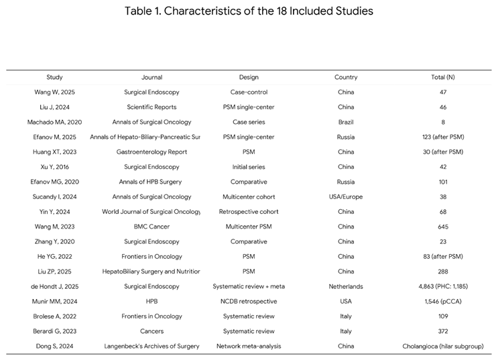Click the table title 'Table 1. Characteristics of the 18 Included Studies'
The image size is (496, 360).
point(248,11)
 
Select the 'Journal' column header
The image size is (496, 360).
point(152,77)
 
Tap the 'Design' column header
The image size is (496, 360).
point(249,77)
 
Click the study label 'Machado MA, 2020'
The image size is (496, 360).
point(55,122)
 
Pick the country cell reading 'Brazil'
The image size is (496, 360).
point(346,122)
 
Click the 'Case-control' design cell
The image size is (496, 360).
point(249,92)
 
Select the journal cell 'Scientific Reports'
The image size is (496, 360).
point(152,107)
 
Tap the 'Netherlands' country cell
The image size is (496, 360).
point(346,286)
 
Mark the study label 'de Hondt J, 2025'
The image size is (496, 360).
point(55,286)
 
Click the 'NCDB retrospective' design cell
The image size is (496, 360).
point(249,302)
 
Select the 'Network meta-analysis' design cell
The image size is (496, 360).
point(249,347)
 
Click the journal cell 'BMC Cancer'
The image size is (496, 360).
point(152,227)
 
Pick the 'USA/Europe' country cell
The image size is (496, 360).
point(346,196)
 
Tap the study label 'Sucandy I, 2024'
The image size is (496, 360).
point(55,196)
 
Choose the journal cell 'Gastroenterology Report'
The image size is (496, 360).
point(152,152)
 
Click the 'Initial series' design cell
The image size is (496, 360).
point(249,167)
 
